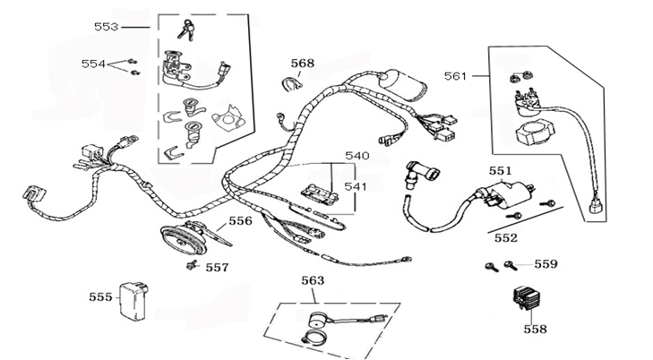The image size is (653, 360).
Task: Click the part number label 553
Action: tap(107, 27)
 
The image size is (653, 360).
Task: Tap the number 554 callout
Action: tap(93, 64)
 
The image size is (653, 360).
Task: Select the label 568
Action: tap(303, 64)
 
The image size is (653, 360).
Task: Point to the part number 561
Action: tap(456, 76)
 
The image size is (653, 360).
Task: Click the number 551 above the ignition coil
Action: tap(500, 171)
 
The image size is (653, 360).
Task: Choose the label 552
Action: tap(506, 238)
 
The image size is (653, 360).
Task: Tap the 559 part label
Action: tap(546, 264)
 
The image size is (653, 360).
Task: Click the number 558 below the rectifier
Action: tap(535, 330)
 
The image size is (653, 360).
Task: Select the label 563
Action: tap(313, 280)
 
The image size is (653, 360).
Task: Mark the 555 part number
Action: tap(101, 297)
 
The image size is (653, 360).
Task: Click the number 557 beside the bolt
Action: tap(218, 267)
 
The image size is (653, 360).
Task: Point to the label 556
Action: tap(241, 220)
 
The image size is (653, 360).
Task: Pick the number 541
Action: tap(356, 186)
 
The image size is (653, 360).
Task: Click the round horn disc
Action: tap(184, 241)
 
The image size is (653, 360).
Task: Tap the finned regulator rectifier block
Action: tap(528, 297)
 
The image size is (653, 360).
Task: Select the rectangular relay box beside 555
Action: tap(133, 301)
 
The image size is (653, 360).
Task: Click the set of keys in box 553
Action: tap(186, 30)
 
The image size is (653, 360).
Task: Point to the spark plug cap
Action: tap(421, 175)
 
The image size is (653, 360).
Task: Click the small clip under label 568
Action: tap(292, 83)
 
